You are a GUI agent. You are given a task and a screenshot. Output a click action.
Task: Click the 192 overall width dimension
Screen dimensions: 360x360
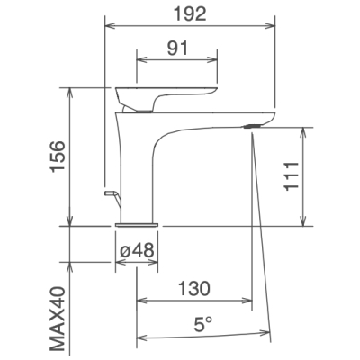point(191,14)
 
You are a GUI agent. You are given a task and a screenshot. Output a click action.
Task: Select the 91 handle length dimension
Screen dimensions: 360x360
point(177,48)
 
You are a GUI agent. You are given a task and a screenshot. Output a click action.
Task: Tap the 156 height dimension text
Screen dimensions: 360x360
point(58,157)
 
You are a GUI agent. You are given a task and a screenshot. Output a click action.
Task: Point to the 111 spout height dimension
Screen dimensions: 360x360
point(292,176)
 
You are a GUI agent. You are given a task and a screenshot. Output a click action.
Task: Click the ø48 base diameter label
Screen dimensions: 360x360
point(137,249)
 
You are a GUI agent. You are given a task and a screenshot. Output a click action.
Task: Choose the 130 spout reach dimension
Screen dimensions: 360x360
point(194,288)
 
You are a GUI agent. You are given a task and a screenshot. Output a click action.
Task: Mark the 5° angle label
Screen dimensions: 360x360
point(202,324)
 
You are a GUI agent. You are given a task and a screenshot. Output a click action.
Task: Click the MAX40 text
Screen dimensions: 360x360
point(58,319)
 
